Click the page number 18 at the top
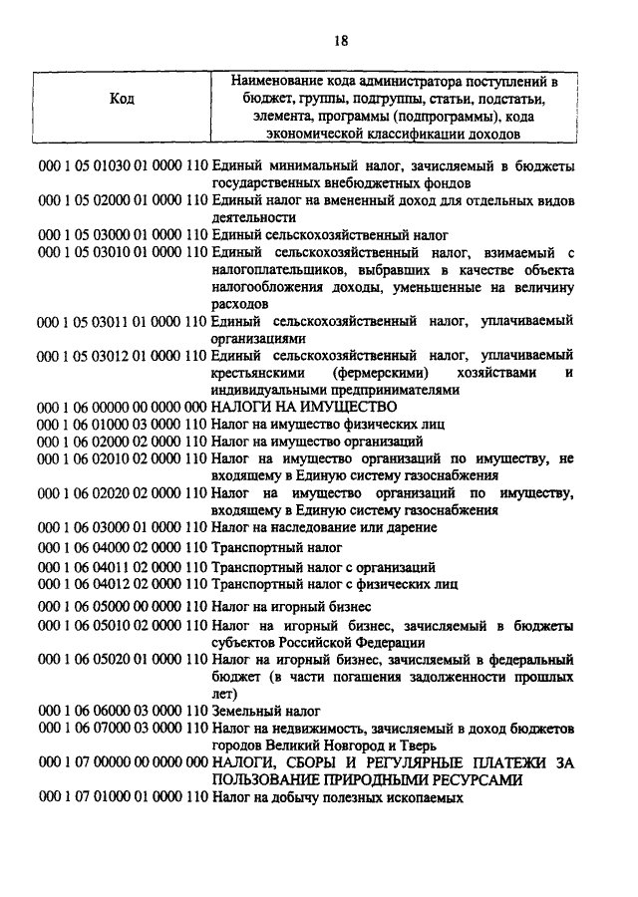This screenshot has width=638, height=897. tap(341, 41)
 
